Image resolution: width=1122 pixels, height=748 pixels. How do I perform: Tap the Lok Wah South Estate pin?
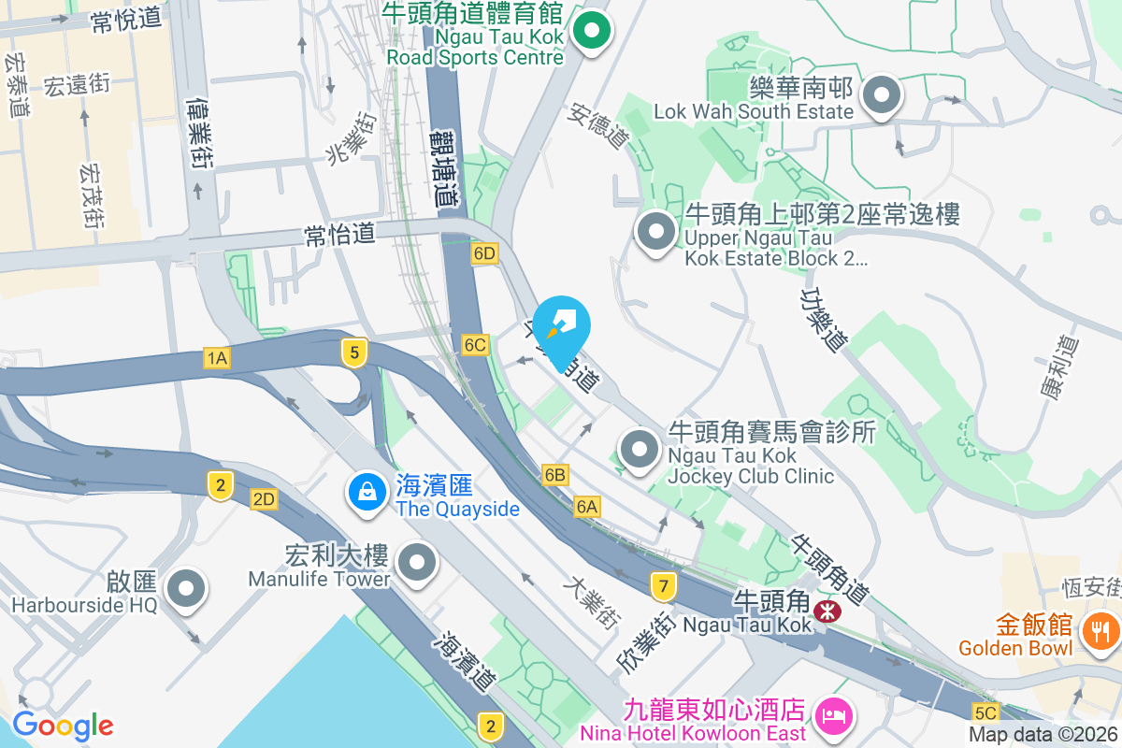[x=880, y=95]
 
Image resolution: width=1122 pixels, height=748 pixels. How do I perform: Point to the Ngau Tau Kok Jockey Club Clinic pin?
[x=640, y=450]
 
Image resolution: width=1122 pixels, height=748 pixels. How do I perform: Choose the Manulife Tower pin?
[x=417, y=563]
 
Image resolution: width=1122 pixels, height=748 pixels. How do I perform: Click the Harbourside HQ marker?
[x=185, y=589]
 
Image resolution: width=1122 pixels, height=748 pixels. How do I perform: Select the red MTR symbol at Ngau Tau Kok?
[x=826, y=611]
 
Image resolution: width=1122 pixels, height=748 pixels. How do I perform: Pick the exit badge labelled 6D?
[x=484, y=254]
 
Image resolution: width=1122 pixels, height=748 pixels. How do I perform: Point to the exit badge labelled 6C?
[x=475, y=345]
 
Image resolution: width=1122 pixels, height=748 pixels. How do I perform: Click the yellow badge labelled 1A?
[x=217, y=357]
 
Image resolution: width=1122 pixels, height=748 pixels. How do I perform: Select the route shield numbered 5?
[x=353, y=352]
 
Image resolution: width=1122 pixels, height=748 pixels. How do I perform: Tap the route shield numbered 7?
[x=664, y=587]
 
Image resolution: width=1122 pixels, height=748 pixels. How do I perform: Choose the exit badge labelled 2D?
[x=264, y=499]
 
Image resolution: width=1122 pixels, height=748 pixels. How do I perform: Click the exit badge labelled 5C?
[x=985, y=712]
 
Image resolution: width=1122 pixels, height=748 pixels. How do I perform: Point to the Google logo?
[x=63, y=726]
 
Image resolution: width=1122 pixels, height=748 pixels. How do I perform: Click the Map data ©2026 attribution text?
[x=1043, y=735]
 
